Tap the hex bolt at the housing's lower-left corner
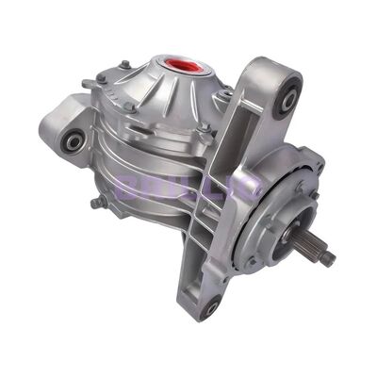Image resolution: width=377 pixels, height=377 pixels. pyautogui.click(x=93, y=204)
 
